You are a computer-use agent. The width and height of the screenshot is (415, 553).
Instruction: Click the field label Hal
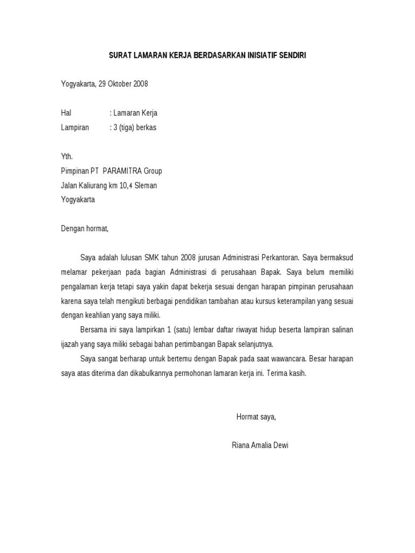pyautogui.click(x=66, y=113)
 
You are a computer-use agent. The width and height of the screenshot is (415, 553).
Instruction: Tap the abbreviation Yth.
pyautogui.click(x=66, y=157)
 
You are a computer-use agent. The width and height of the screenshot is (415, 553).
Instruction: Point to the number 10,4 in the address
pyautogui.click(x=126, y=185)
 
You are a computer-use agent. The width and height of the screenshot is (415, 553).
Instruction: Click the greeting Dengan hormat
pyautogui.click(x=84, y=228)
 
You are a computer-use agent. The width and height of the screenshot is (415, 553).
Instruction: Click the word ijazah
pyautogui.click(x=71, y=344)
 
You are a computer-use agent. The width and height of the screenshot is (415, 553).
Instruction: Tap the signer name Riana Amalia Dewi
pyautogui.click(x=259, y=446)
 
